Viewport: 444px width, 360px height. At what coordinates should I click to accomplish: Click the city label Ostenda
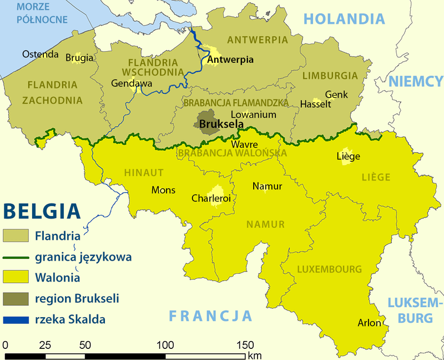click(40, 54)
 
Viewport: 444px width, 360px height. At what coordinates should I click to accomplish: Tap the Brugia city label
click(79, 57)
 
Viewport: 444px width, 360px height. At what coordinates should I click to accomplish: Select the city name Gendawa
click(132, 83)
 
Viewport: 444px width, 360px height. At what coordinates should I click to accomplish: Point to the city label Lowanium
click(253, 114)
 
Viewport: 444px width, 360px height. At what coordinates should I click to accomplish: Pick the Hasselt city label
click(315, 104)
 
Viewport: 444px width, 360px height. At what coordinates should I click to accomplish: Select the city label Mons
click(163, 190)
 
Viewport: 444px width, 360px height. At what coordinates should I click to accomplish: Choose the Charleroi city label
click(211, 198)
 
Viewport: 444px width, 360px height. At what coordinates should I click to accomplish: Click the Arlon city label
click(370, 323)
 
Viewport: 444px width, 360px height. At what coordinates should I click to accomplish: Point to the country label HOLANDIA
click(344, 19)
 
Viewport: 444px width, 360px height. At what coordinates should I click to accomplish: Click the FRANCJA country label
click(211, 316)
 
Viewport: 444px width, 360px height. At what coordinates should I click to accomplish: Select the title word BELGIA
click(42, 212)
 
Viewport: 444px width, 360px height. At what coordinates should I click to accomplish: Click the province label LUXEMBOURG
click(329, 269)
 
